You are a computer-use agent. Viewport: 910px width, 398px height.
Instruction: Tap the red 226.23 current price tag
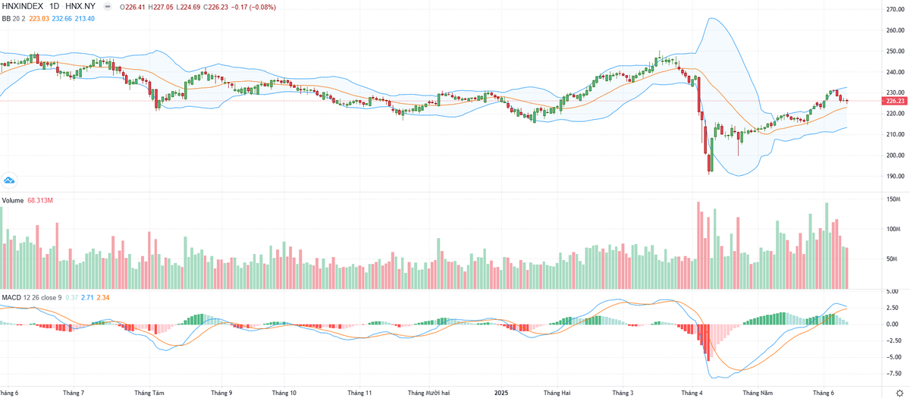pos(895,101)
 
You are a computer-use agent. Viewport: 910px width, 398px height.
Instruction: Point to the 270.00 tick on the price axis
pos(896,10)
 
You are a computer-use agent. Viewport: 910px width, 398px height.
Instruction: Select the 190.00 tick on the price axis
pos(896,176)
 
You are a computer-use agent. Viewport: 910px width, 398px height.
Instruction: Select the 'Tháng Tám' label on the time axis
pos(149,393)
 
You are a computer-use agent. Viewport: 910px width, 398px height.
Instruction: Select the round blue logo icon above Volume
pos(9,180)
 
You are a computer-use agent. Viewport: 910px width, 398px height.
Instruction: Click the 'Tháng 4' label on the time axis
pos(692,393)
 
